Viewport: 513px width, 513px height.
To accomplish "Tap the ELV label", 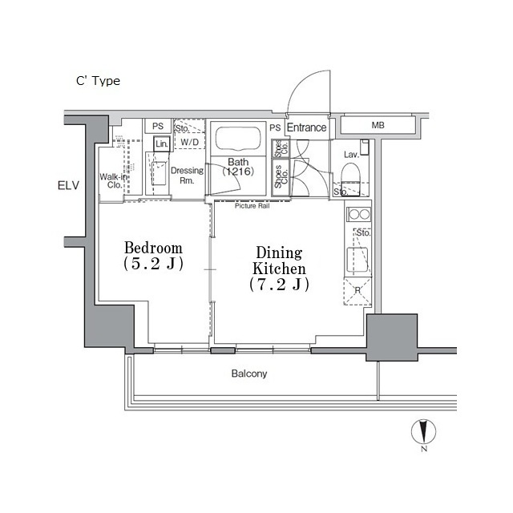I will (70, 187).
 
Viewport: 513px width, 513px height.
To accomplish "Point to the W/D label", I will (189, 143).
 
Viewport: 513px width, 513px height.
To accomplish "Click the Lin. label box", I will (160, 143).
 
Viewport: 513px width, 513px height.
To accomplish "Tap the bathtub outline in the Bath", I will (234, 141).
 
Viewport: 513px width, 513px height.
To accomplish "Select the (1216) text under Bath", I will (238, 172).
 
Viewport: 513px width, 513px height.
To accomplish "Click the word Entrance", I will (306, 127).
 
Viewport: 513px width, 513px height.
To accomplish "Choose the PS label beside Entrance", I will (274, 127).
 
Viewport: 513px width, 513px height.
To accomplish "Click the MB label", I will (377, 126).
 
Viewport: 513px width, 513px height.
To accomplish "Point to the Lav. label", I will (350, 154).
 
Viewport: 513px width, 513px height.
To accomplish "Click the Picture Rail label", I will (252, 206).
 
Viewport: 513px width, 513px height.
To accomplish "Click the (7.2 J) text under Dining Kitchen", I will (277, 285).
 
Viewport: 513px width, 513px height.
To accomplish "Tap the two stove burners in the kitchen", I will (358, 215).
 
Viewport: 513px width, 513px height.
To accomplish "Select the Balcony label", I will (249, 374).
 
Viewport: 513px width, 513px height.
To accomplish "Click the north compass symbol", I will (422, 434).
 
